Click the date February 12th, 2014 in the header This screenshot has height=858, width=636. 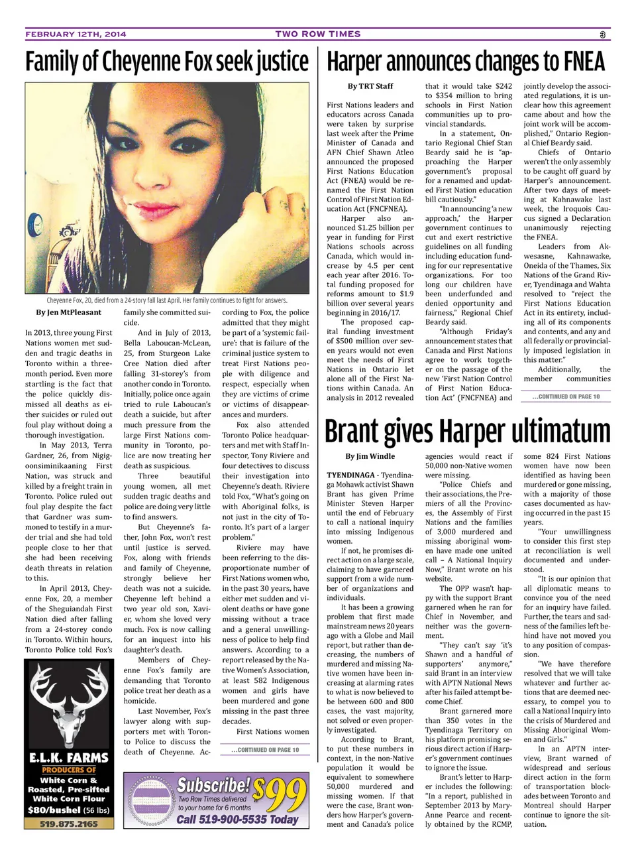(x=76, y=34)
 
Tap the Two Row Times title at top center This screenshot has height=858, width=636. (x=318, y=34)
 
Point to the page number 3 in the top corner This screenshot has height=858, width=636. (x=603, y=34)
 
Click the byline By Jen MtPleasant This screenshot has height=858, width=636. (x=69, y=312)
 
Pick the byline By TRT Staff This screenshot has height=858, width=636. (x=370, y=86)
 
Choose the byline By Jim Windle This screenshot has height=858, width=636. (x=370, y=456)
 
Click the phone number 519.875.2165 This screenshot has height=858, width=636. (x=68, y=824)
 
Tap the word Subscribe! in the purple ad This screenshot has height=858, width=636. (x=213, y=785)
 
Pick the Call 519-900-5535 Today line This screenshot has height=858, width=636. (x=237, y=820)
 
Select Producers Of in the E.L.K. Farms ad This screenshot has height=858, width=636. (x=69, y=770)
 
